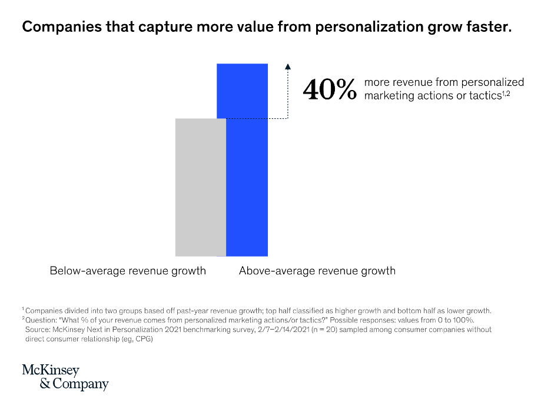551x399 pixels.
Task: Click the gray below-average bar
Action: pyautogui.click(x=201, y=187)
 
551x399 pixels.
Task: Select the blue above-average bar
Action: pyautogui.click(x=246, y=160)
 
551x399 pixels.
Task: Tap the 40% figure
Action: pyautogui.click(x=330, y=89)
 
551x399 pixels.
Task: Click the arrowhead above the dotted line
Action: pyautogui.click(x=288, y=66)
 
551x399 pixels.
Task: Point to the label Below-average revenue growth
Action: pyautogui.click(x=128, y=271)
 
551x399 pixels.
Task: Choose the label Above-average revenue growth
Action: pyautogui.click(x=317, y=271)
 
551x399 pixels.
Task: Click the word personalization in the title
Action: pyautogui.click(x=369, y=27)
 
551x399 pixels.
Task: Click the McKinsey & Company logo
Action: pyautogui.click(x=65, y=377)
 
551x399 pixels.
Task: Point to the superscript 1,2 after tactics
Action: pyautogui.click(x=506, y=93)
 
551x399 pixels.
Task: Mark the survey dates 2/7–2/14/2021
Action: pyautogui.click(x=284, y=330)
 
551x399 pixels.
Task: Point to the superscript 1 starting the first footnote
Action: pyautogui.click(x=23, y=309)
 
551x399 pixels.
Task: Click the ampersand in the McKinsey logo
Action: pyautogui.click(x=45, y=384)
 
